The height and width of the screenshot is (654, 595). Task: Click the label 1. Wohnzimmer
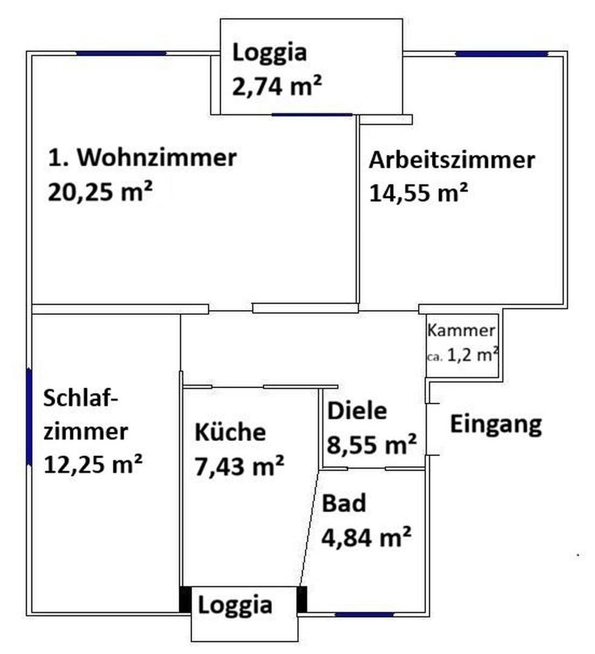click(141, 158)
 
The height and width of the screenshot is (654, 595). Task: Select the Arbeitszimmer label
click(452, 160)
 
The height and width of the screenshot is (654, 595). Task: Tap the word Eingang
click(495, 424)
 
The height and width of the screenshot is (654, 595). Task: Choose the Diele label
click(357, 411)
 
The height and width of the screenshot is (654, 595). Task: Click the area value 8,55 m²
click(371, 445)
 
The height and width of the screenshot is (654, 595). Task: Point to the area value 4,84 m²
click(367, 537)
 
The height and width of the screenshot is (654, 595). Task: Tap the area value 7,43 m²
click(239, 466)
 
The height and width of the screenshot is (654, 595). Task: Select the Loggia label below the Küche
click(235, 605)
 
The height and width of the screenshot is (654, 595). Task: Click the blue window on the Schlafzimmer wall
click(28, 416)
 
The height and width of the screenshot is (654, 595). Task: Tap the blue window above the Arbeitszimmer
click(501, 54)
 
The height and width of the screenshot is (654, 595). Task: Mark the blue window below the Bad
click(364, 615)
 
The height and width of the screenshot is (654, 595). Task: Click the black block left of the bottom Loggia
click(185, 599)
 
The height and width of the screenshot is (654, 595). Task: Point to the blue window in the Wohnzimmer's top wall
click(121, 54)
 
